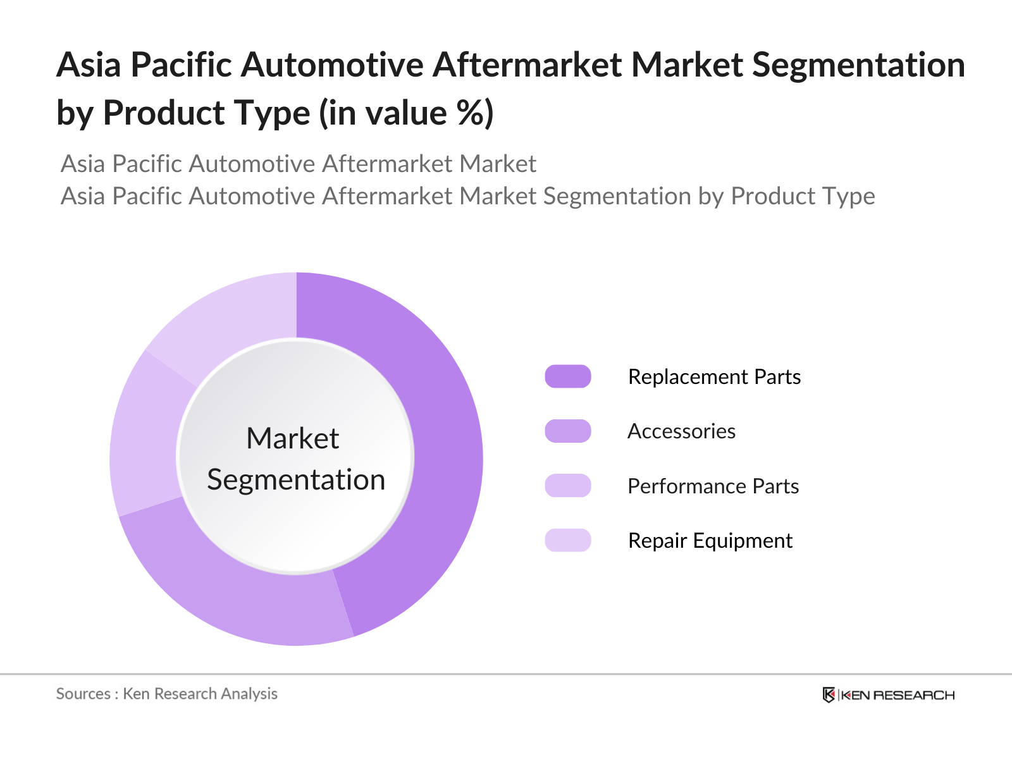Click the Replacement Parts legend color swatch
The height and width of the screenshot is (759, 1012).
567,376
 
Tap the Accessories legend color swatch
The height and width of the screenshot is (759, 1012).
567,431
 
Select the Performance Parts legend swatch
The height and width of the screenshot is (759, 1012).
567,486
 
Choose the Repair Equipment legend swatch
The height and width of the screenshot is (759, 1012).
567,540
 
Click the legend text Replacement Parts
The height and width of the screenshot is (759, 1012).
714,377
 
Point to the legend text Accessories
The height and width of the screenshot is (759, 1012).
681,431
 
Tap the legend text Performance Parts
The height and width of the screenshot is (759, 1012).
713,486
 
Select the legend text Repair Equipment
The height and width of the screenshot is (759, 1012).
710,541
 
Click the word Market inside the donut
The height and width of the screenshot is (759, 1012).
293,438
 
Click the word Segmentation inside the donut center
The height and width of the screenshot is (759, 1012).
296,479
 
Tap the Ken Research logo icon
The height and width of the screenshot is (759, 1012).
829,694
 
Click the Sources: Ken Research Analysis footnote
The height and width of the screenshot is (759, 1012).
167,694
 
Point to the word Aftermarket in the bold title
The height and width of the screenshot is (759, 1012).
526,65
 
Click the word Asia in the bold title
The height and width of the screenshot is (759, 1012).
89,65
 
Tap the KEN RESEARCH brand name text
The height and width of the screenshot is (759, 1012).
898,695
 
